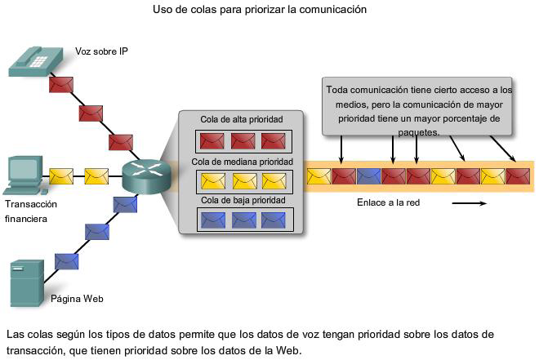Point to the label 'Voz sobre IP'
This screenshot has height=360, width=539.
click(x=101, y=51)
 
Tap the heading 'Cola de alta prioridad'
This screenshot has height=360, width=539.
click(x=241, y=120)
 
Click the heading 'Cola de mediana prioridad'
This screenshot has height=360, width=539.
click(x=241, y=162)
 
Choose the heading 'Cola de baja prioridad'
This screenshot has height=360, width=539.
click(x=241, y=200)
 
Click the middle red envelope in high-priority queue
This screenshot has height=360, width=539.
click(x=242, y=140)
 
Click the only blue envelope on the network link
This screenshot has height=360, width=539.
click(x=369, y=175)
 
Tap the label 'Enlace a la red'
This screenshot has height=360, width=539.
click(x=388, y=202)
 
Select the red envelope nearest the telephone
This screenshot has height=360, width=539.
click(x=61, y=84)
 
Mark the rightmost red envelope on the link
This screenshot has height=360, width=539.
click(x=517, y=175)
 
